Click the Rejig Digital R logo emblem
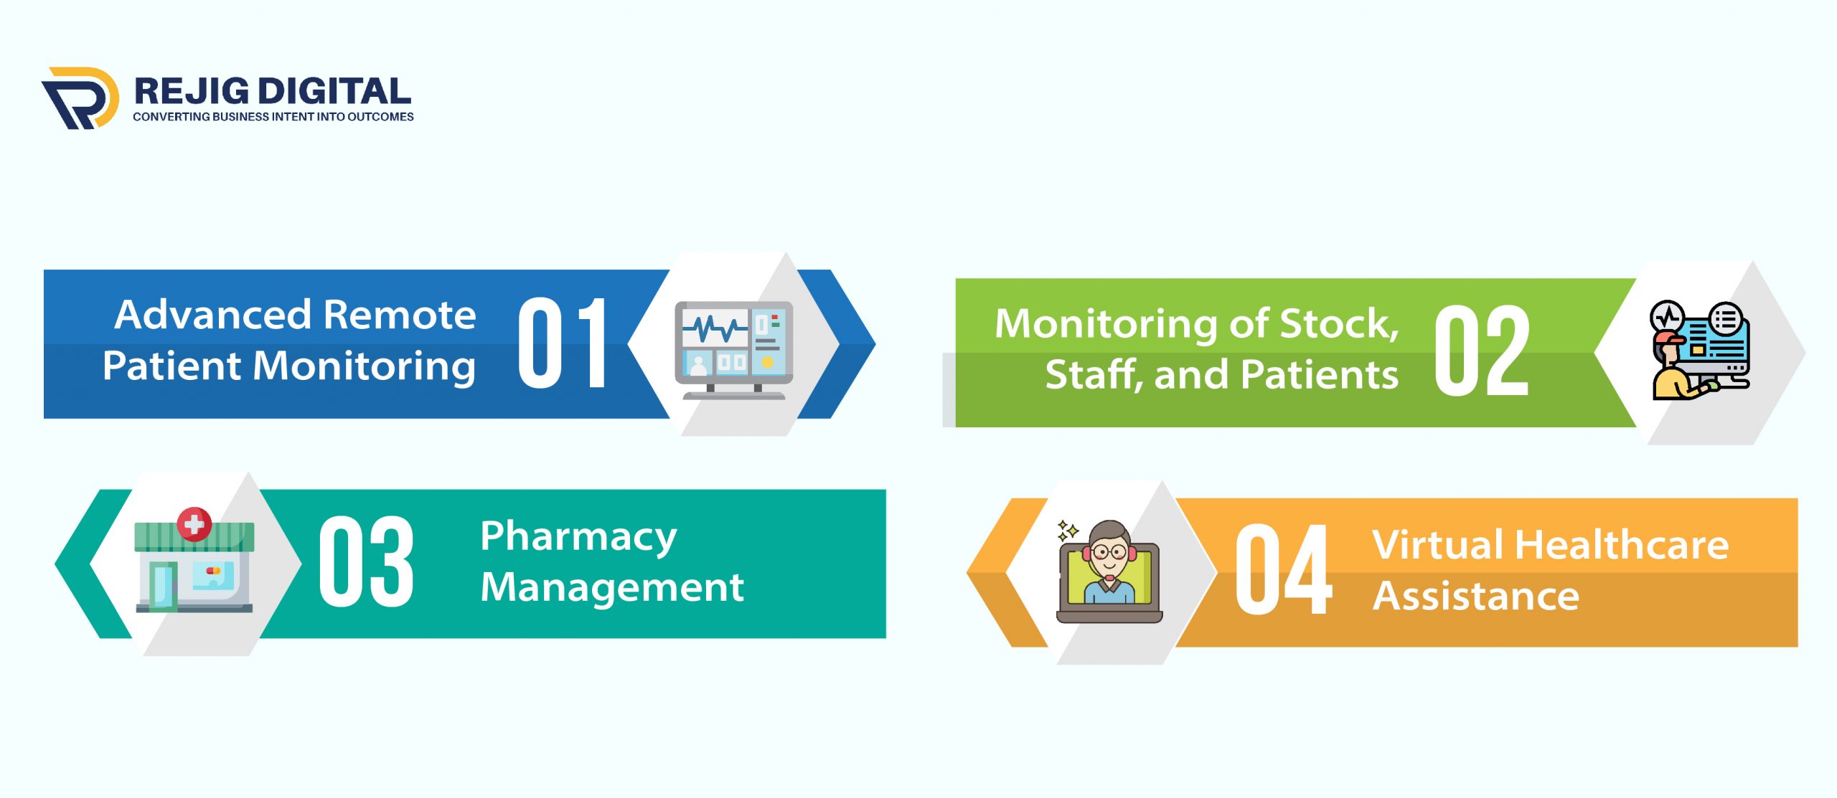80,98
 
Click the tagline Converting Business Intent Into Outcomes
273,117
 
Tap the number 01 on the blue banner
563,343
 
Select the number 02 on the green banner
1482,350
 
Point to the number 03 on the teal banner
366,561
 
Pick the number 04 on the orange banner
1284,569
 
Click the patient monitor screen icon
733,350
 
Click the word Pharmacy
578,537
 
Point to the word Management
612,588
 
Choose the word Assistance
1476,596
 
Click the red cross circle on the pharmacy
194,524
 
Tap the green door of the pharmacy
164,587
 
